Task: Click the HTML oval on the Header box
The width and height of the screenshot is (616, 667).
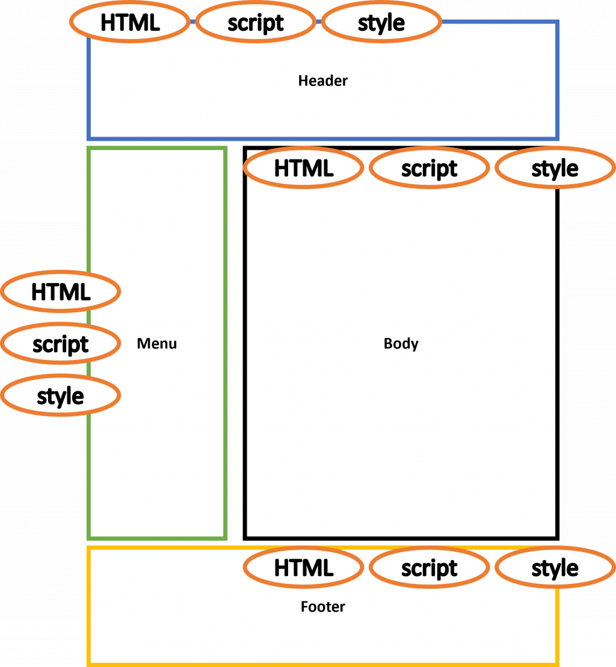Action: click(x=130, y=23)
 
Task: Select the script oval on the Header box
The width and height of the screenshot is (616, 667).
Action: click(x=256, y=23)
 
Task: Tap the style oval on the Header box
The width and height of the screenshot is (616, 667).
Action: click(x=381, y=23)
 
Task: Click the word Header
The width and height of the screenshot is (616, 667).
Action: click(x=323, y=81)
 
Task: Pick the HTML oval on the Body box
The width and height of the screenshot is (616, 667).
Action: click(x=304, y=169)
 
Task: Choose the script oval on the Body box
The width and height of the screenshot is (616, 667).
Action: click(x=429, y=169)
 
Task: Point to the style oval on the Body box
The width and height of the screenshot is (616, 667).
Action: click(x=555, y=169)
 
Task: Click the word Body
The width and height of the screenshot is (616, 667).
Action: click(x=401, y=344)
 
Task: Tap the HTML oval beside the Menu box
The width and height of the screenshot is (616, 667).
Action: click(x=61, y=292)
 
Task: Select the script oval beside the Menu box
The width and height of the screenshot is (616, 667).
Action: click(x=61, y=344)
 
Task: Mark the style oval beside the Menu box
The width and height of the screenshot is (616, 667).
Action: click(x=61, y=396)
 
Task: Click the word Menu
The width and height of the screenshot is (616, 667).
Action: click(x=157, y=344)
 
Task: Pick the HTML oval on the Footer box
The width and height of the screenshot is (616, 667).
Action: click(x=304, y=568)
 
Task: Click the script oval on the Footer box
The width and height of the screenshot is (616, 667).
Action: click(x=429, y=568)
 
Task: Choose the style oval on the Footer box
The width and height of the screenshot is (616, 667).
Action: click(x=555, y=568)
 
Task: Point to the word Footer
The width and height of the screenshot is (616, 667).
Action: click(x=323, y=607)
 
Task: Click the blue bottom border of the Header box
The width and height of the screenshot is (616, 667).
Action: click(x=323, y=138)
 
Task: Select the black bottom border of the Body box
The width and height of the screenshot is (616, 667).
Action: click(x=401, y=537)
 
